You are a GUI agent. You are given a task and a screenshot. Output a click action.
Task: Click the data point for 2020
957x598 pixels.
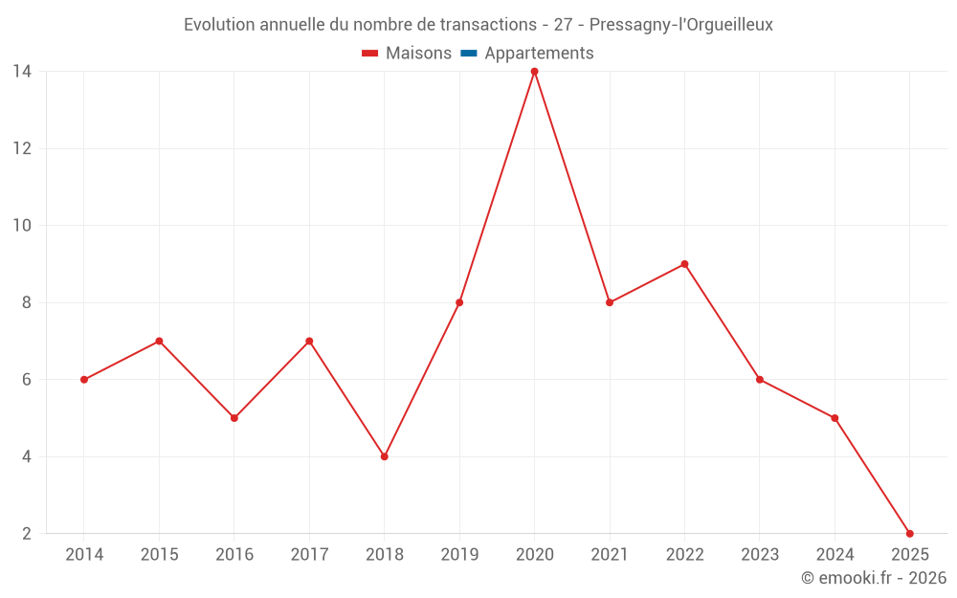point(534,71)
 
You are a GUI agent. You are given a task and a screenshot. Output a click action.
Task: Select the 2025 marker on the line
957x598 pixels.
point(909,534)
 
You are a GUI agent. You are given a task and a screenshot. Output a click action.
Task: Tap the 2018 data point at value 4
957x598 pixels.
point(384,456)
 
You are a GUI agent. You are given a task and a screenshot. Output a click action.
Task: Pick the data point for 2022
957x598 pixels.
point(684,264)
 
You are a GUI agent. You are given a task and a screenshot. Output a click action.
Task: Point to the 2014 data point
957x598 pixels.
point(84,380)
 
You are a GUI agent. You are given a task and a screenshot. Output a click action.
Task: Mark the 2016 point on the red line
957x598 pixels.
point(234,418)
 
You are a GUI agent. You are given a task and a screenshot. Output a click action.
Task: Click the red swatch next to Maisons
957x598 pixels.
point(370,54)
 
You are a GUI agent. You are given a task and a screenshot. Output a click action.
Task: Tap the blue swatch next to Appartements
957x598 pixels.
point(469,54)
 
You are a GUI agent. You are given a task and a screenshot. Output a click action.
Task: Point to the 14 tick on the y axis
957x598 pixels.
point(21,71)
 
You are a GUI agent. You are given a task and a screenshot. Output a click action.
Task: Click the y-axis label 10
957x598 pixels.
point(21,226)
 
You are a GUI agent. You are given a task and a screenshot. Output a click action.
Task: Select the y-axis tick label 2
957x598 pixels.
point(26,534)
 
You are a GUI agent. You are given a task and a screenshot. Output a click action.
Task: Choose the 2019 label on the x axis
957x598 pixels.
point(459,555)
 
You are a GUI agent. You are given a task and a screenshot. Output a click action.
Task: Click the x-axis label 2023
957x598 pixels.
point(759,555)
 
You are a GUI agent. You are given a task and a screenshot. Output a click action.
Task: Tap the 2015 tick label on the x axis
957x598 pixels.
point(159,555)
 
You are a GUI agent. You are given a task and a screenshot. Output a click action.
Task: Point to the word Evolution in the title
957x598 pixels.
point(219,25)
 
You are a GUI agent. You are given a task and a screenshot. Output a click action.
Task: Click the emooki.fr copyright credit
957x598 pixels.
point(874,578)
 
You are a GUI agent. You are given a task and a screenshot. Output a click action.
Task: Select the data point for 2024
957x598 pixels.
point(835,418)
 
